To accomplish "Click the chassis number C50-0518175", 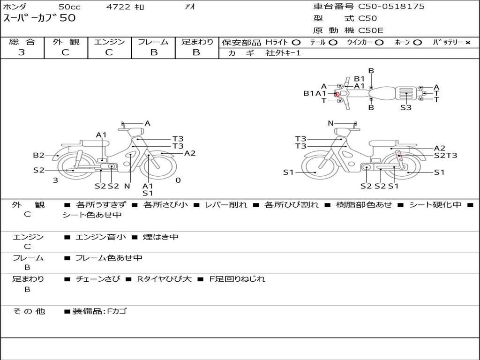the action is (x=391, y=7).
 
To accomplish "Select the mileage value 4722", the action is (x=118, y=7).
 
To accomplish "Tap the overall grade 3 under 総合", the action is (x=22, y=52).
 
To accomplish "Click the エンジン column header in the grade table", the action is (x=109, y=42).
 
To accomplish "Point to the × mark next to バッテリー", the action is (x=468, y=43).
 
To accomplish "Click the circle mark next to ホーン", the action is (x=417, y=43).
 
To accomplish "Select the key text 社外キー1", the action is (x=283, y=53).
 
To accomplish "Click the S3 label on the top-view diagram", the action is (x=406, y=107).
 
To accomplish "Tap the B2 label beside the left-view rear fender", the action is (x=38, y=155).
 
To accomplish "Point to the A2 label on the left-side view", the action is (x=190, y=153).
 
